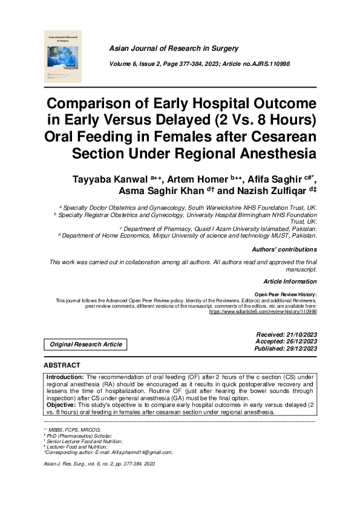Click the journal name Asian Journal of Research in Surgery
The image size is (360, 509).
point(173,48)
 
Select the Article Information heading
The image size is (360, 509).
point(290,282)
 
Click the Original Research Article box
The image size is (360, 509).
point(86,345)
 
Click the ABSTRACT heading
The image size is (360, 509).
point(62,366)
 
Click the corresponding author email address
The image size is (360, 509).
point(142,452)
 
